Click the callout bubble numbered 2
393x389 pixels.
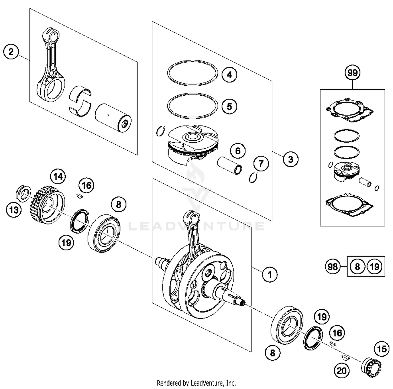point(11,52)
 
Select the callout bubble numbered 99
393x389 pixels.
point(352,73)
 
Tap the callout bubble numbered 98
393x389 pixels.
point(333,267)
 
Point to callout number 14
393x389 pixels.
point(58,177)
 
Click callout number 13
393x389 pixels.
point(14,210)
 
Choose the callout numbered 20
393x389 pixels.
point(341,371)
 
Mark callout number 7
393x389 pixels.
point(261,164)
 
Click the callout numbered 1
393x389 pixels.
point(270,275)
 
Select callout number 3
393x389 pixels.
point(291,159)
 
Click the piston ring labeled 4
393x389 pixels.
point(193,73)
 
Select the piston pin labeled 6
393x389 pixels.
point(230,166)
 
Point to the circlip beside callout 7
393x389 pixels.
point(253,178)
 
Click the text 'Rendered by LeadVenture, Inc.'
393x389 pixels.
point(196,383)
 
